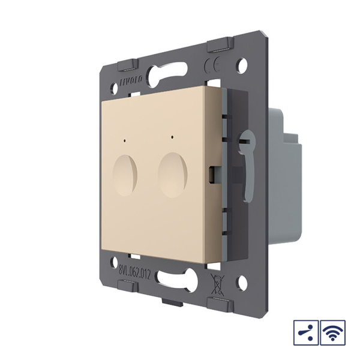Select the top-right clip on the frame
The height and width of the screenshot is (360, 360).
click(218, 46)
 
